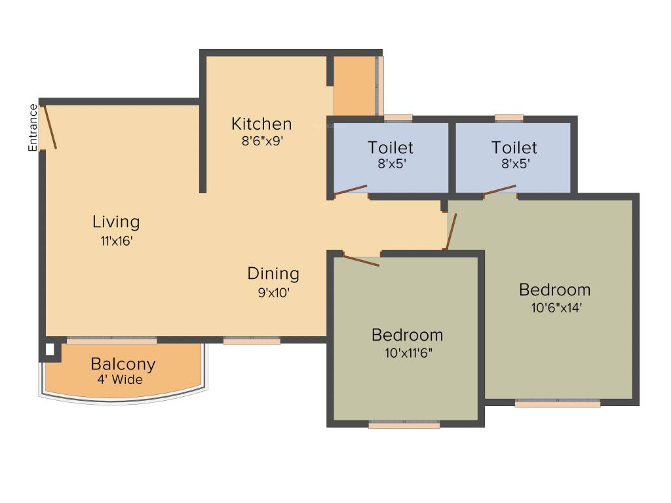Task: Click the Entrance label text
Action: (33, 128)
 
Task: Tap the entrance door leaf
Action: (50, 126)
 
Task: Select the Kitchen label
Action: (261, 124)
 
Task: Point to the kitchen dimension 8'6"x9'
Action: (261, 140)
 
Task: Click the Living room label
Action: (116, 221)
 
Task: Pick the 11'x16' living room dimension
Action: (117, 240)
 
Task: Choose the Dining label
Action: (273, 274)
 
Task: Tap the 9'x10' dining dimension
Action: (273, 293)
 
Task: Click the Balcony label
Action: (123, 364)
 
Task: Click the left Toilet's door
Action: (350, 190)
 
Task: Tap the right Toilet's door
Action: (500, 190)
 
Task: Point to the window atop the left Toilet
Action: (398, 119)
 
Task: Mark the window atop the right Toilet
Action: (509, 119)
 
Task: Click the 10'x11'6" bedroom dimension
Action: (407, 352)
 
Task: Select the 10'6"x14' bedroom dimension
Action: (555, 307)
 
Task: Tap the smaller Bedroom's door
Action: (361, 260)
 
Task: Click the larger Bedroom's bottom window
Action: (558, 404)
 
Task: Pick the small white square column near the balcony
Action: (50, 350)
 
